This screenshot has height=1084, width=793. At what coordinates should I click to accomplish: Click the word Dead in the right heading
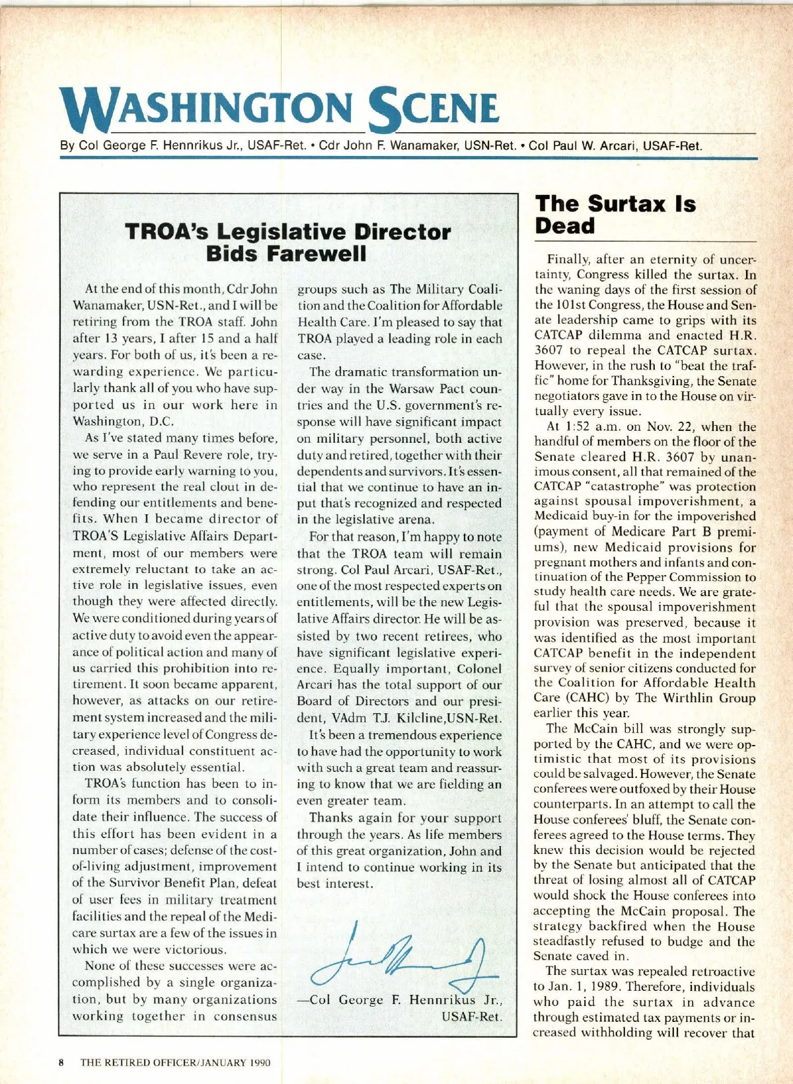pos(565,226)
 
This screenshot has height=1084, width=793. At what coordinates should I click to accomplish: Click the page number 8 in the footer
pos(61,1063)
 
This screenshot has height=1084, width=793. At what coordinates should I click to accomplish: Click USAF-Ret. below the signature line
pos(471,1017)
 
